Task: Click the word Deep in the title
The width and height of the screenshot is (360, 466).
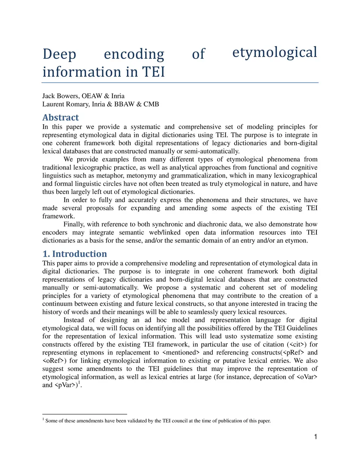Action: click(59, 55)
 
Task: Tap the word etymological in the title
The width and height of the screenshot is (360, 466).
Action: click(275, 52)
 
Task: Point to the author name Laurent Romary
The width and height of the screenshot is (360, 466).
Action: click(65, 104)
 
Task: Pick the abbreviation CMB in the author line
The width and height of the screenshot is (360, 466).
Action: click(151, 104)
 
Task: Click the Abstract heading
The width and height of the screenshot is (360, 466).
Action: click(60, 117)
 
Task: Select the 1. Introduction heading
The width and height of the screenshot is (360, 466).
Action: click(75, 254)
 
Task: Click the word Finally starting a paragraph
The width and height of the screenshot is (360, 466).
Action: click(74, 224)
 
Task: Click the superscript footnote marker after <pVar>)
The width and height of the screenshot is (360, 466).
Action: click(79, 383)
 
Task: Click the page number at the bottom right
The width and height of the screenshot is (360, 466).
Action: click(315, 437)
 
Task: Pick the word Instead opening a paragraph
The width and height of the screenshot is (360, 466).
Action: click(73, 320)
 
